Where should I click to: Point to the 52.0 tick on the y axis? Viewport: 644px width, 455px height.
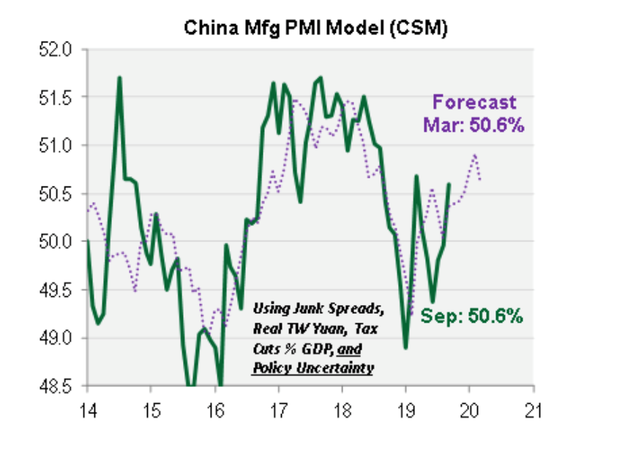click(x=59, y=50)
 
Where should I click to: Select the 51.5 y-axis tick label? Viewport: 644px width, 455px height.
click(x=59, y=98)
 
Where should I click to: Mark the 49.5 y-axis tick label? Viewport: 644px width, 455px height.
click(x=59, y=290)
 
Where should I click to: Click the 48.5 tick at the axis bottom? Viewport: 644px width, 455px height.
click(x=59, y=386)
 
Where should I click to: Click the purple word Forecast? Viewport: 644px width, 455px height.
click(x=473, y=103)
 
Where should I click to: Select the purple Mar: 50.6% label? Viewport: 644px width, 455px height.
click(x=473, y=125)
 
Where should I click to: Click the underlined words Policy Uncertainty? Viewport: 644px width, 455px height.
click(x=312, y=367)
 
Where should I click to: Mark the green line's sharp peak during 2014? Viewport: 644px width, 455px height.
click(x=119, y=78)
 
